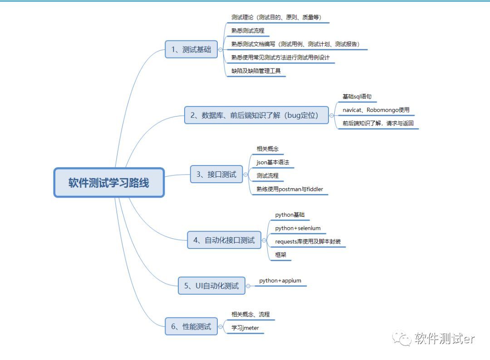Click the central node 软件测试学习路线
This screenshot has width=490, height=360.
point(109,183)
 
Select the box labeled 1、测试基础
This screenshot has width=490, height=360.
point(191,49)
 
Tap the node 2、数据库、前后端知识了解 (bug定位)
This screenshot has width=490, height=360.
point(256,115)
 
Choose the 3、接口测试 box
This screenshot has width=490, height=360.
point(216,174)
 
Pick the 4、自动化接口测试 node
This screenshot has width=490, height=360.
point(224,240)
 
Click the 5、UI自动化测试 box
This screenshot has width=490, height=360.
point(211,286)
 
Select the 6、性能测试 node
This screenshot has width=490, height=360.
point(191,326)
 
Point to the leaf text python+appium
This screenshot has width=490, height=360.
point(280,281)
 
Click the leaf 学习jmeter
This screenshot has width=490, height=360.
point(245,328)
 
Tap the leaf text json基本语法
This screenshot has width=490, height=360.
point(273,162)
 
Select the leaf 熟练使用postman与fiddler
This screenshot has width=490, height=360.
point(289,189)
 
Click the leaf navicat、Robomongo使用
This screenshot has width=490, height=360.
point(376,110)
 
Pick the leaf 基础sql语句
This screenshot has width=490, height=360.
point(357,97)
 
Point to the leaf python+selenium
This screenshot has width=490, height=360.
point(298,228)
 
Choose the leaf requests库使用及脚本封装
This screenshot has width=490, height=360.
point(308,242)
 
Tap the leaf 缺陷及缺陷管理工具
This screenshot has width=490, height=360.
point(256,71)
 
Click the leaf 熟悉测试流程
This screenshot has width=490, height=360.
point(248,30)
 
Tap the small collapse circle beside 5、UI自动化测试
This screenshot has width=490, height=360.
point(248,286)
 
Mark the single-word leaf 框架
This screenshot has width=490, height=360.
point(281,255)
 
